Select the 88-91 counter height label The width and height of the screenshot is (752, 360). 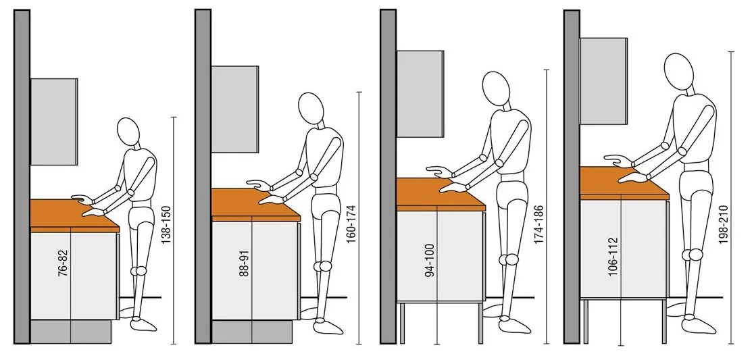pyautogui.click(x=245, y=263)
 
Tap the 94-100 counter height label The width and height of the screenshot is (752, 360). pyautogui.click(x=430, y=260)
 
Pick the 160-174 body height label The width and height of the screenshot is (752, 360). pyautogui.click(x=350, y=213)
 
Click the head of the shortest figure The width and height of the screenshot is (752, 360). pyautogui.click(x=128, y=131)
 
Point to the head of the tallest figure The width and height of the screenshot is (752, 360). pyautogui.click(x=679, y=70)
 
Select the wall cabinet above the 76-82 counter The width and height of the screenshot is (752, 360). pyautogui.click(x=53, y=122)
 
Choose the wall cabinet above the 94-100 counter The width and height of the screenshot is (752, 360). pyautogui.click(x=420, y=94)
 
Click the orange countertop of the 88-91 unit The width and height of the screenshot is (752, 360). pyautogui.click(x=255, y=205)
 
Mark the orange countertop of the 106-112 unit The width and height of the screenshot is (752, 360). pyautogui.click(x=624, y=182)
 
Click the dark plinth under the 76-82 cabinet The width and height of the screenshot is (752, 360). pyautogui.click(x=71, y=332)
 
